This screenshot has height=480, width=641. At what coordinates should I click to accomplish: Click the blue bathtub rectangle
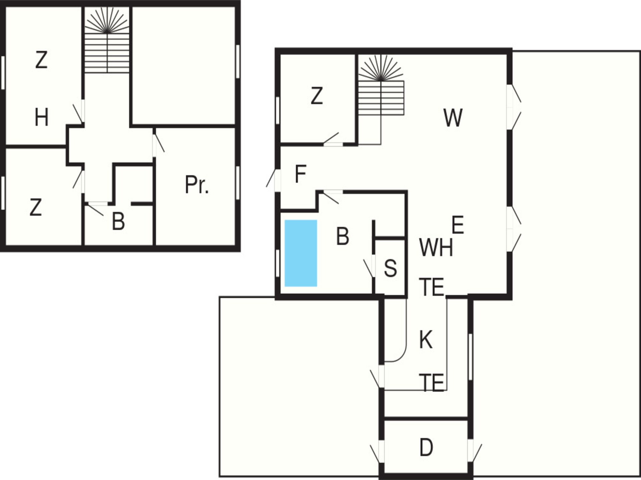[300, 253]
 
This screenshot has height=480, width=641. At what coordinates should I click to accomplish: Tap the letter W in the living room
[453, 118]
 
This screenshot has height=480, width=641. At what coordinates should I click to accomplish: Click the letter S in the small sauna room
[390, 268]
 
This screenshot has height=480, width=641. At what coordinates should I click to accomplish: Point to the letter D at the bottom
[426, 448]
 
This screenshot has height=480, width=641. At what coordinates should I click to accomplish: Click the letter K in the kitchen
[426, 340]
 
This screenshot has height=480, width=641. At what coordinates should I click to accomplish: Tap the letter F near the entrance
[300, 174]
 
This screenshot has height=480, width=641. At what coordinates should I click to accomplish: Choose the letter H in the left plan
[41, 117]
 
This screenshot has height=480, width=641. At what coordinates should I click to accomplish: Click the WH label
[436, 248]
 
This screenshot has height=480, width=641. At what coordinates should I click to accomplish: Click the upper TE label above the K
[432, 287]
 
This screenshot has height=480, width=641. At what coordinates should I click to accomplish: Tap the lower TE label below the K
[432, 383]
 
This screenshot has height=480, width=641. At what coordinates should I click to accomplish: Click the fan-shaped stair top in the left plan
[107, 21]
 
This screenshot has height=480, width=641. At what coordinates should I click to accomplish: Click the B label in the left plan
[119, 221]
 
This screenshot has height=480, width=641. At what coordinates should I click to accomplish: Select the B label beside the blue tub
[343, 236]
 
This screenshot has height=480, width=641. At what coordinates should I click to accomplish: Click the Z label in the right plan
[316, 96]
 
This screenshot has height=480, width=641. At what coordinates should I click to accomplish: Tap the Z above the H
[41, 60]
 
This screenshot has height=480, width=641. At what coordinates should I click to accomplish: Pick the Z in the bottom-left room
[36, 207]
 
